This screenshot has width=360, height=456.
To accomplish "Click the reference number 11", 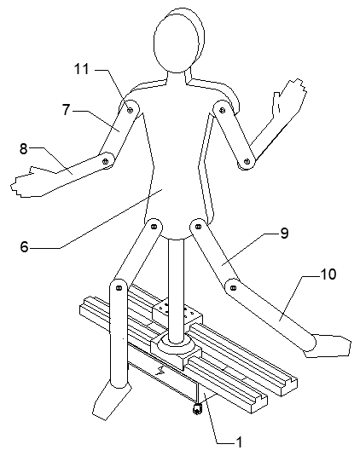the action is click(x=82, y=69).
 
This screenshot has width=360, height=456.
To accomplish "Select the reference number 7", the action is click(x=67, y=110).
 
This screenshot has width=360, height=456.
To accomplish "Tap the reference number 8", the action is click(x=24, y=148).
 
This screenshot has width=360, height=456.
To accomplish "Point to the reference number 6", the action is click(x=25, y=247).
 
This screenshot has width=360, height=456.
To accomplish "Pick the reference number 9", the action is click(x=284, y=233).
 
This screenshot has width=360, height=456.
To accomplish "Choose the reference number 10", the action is click(x=328, y=274).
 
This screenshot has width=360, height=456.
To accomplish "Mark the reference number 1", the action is click(x=239, y=442).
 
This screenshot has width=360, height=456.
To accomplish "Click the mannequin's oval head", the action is click(x=177, y=40).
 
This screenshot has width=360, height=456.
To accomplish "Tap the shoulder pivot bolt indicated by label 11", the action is click(x=130, y=110).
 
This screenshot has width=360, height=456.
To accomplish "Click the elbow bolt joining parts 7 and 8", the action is click(x=105, y=161).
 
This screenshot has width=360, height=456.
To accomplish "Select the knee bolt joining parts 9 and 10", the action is click(x=233, y=288).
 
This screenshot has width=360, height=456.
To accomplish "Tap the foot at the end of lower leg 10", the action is click(x=328, y=345).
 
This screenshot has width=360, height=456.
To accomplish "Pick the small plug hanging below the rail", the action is click(x=197, y=409).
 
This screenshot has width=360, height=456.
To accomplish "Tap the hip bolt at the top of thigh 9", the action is click(x=198, y=226).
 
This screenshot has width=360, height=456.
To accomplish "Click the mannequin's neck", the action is click(x=177, y=78).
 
